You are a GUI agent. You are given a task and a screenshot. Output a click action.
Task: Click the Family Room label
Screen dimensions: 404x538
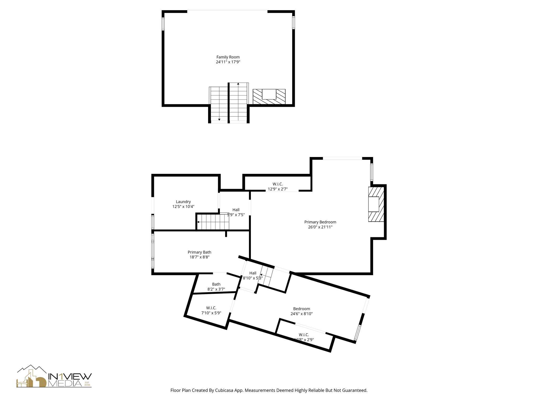pos(228,57)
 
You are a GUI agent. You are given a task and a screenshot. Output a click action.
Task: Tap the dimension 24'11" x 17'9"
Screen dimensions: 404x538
pos(228,62)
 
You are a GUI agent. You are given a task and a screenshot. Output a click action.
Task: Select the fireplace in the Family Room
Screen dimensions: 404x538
pos(269,97)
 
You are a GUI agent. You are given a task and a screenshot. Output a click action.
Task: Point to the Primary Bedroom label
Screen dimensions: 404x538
pos(320,222)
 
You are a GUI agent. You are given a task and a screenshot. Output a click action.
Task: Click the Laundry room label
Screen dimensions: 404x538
pos(183,202)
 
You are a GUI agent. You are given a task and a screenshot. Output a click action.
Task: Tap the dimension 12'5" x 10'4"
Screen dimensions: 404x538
pos(183,207)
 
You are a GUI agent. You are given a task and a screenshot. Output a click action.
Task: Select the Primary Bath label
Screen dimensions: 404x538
pos(199,252)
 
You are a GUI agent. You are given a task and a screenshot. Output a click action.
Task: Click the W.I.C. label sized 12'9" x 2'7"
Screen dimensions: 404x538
pos(277,184)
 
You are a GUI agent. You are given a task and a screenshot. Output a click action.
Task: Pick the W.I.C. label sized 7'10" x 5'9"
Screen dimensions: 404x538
pos(211,308)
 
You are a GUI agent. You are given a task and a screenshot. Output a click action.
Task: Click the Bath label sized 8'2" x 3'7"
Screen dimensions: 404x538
pos(216,284)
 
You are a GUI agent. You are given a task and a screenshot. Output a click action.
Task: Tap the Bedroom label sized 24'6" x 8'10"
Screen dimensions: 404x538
pos(301,309)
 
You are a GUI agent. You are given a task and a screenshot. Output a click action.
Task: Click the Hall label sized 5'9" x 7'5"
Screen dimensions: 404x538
pos(236,210)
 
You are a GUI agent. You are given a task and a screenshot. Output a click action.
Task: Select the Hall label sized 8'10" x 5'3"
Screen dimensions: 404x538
pos(252,273)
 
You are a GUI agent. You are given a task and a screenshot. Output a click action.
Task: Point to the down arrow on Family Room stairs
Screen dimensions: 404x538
pos(219,120)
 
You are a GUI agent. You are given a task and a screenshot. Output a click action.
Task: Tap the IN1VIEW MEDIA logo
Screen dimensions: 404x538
pos(54,376)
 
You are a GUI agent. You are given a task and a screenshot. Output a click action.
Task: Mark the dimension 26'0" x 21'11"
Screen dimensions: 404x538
pos(320,227)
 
